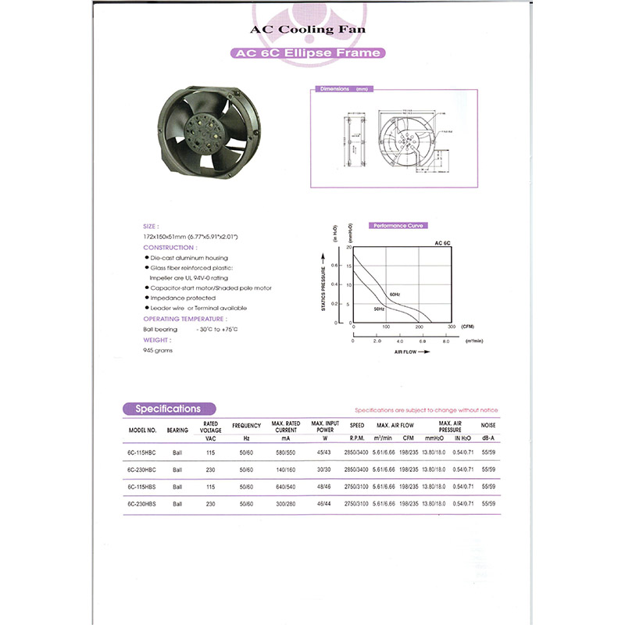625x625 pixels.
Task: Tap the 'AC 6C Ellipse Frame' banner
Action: click(308, 53)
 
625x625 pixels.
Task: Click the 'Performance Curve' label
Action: click(398, 225)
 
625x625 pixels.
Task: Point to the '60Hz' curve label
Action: click(395, 295)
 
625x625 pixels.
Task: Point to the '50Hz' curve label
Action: click(379, 309)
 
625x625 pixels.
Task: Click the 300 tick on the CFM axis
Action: click(451, 326)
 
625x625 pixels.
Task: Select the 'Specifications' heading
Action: click(169, 409)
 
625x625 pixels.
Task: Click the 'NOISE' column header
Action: click(488, 426)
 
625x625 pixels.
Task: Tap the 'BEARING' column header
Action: click(177, 430)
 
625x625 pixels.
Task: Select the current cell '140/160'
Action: click(286, 470)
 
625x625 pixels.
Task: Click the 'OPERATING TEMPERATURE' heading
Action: click(185, 319)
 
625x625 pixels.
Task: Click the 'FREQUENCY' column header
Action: click(246, 426)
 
